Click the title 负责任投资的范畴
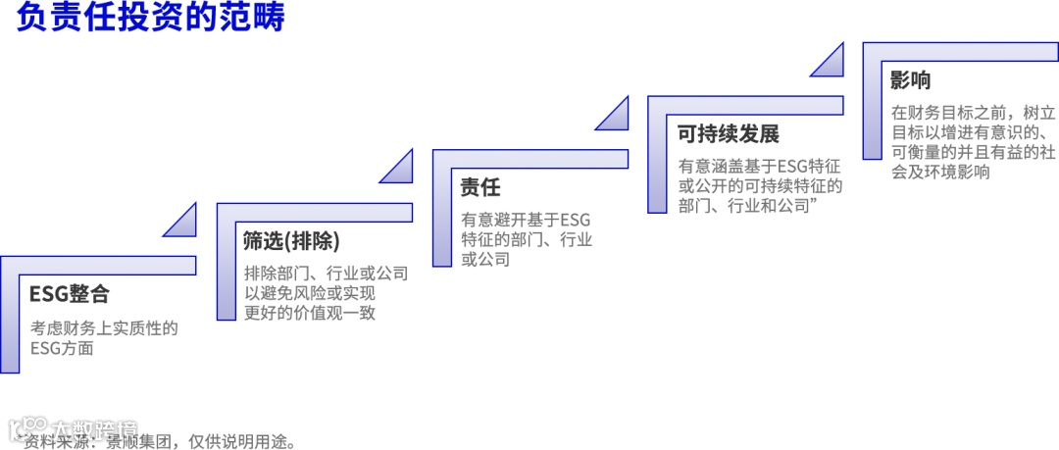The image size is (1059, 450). [x=150, y=20]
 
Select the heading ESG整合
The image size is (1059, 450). [x=69, y=294]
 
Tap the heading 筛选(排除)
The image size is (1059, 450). [x=291, y=241]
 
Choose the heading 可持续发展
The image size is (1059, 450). [x=729, y=134]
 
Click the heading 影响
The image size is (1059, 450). [x=911, y=80]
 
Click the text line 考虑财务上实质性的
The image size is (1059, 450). [x=103, y=327]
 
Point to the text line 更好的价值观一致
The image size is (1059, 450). [x=310, y=313]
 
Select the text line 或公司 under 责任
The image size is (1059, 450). [x=486, y=260]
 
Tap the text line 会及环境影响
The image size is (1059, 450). [x=940, y=172]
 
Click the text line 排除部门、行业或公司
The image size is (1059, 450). [x=326, y=274]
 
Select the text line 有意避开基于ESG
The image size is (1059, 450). [x=526, y=220]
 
